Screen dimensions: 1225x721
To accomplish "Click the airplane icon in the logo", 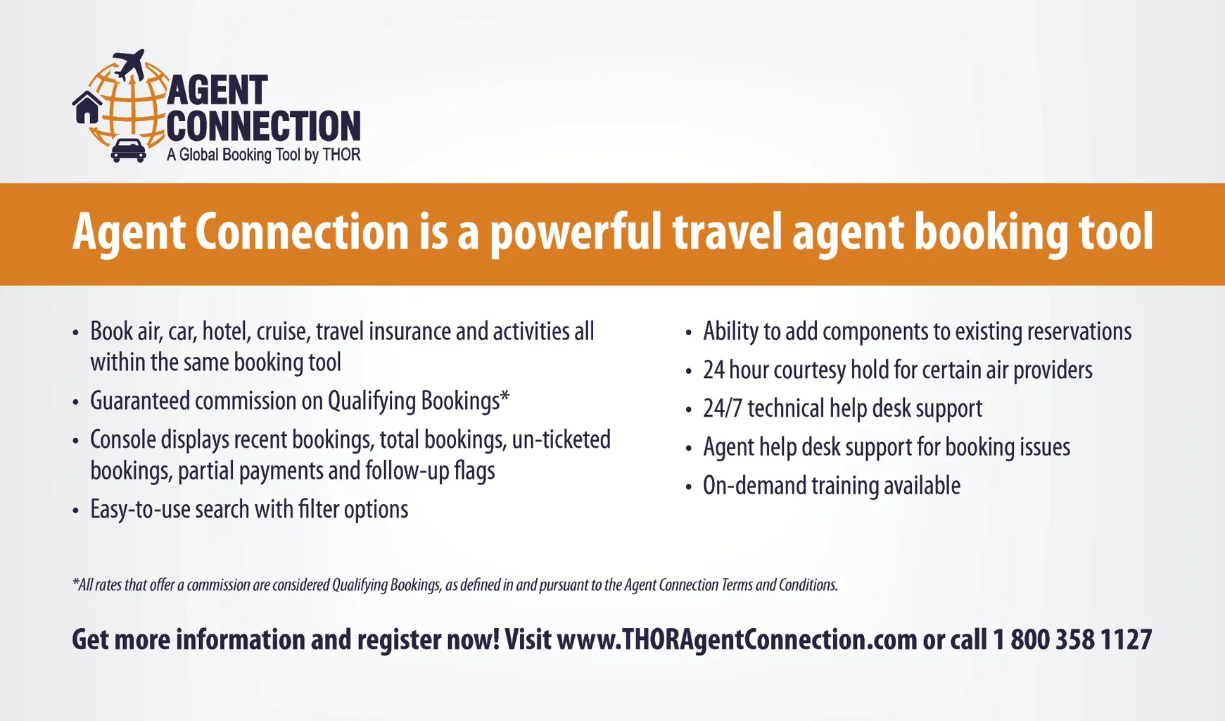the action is point(129,65).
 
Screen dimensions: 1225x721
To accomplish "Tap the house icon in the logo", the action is point(87,108).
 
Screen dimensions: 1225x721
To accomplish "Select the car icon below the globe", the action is point(129,150).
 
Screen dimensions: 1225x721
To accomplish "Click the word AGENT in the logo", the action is point(217,91).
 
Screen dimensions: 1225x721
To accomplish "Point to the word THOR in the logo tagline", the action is point(341,154).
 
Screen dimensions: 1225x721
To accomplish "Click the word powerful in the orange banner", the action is point(576,232).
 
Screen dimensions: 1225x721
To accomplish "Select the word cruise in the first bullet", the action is point(282,332).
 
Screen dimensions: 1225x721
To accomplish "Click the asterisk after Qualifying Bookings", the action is point(504,396).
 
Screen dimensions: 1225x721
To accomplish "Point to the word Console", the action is point(122,439).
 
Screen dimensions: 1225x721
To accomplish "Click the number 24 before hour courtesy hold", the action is point(713,370).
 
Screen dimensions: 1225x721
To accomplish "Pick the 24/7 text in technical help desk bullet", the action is point(722,408).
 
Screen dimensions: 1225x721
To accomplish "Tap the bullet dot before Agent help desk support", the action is point(689,449).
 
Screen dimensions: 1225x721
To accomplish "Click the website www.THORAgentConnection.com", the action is point(737,640).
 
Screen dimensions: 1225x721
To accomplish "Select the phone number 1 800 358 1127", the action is point(1072,639).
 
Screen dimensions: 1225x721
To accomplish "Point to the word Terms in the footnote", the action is point(737,585).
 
